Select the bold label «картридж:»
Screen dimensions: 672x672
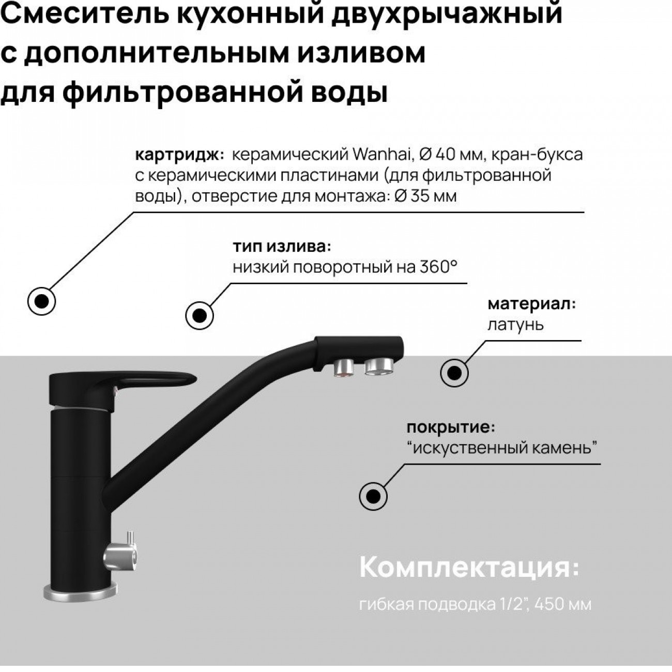179,155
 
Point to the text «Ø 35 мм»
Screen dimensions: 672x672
425,196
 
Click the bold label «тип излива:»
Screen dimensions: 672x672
282,247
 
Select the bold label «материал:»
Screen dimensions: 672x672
531,304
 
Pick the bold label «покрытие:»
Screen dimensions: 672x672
451,427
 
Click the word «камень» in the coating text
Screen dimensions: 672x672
564,448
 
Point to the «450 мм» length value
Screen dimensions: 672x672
563,604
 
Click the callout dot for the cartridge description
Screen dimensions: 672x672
41,301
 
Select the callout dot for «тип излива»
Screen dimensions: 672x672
199,315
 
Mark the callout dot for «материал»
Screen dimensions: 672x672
454,373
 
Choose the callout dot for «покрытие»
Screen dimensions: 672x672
373,496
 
